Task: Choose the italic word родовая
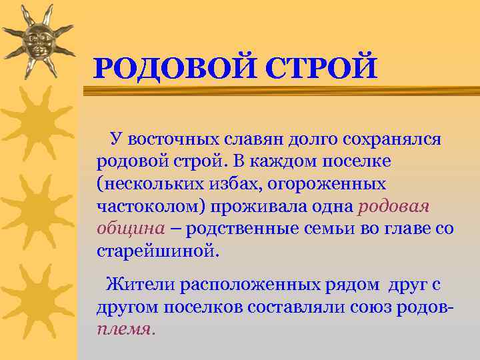(393, 206)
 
